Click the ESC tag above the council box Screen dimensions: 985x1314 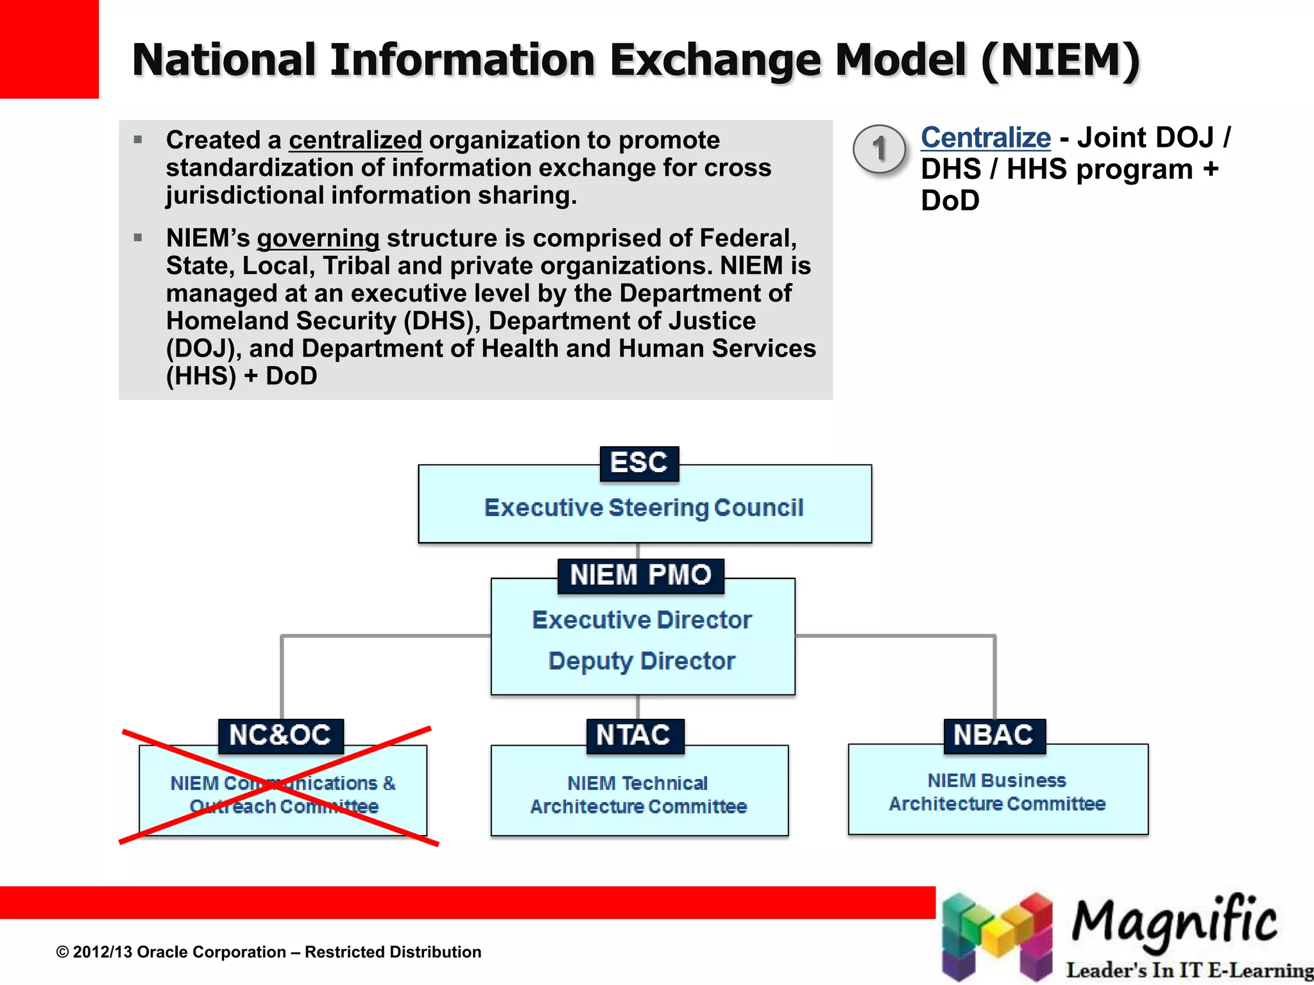click(x=639, y=464)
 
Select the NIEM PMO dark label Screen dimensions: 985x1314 click(x=640, y=575)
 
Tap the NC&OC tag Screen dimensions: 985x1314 click(x=280, y=736)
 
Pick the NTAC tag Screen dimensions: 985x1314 click(x=634, y=736)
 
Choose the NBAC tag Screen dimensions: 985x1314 click(x=994, y=736)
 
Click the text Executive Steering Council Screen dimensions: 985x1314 click(x=644, y=508)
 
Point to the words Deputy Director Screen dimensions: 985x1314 click(x=642, y=661)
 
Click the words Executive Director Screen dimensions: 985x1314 click(x=642, y=620)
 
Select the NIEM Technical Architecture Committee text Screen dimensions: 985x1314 click(x=639, y=795)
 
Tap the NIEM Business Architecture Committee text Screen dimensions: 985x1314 click(x=997, y=792)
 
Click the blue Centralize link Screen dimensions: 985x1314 click(x=985, y=138)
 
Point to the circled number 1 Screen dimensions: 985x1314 click(x=880, y=149)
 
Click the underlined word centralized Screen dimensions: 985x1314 click(x=355, y=140)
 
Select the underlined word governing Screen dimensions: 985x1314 click(x=318, y=239)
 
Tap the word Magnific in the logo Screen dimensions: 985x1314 click(x=1174, y=922)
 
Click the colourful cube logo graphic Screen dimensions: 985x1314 click(x=997, y=936)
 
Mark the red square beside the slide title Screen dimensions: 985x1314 click(x=49, y=49)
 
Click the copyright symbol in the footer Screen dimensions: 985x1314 click(x=62, y=952)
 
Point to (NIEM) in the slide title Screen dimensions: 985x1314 click(x=1060, y=60)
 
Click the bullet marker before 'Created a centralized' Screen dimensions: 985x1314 click(x=138, y=139)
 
